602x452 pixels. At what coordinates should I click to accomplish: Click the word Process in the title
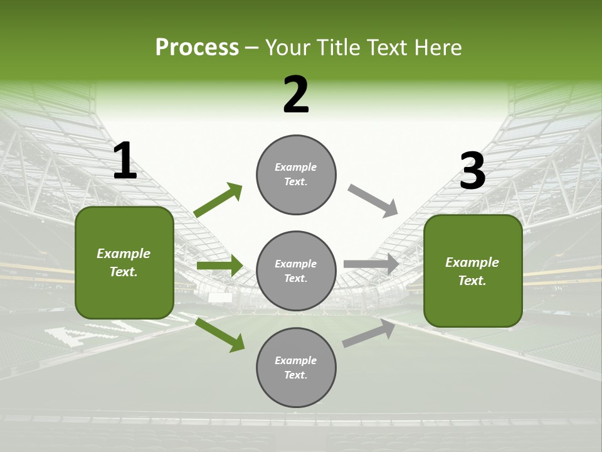point(197,48)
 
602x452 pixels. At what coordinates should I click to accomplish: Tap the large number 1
point(125,161)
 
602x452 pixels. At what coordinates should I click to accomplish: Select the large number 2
point(296,95)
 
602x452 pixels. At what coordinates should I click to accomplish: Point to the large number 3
point(472,171)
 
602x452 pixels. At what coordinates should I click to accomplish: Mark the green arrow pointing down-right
point(219,335)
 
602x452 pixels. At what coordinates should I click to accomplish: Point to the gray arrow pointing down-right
point(373,200)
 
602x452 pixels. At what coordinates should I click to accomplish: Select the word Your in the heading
point(288,48)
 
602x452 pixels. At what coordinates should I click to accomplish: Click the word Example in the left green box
point(124,254)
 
